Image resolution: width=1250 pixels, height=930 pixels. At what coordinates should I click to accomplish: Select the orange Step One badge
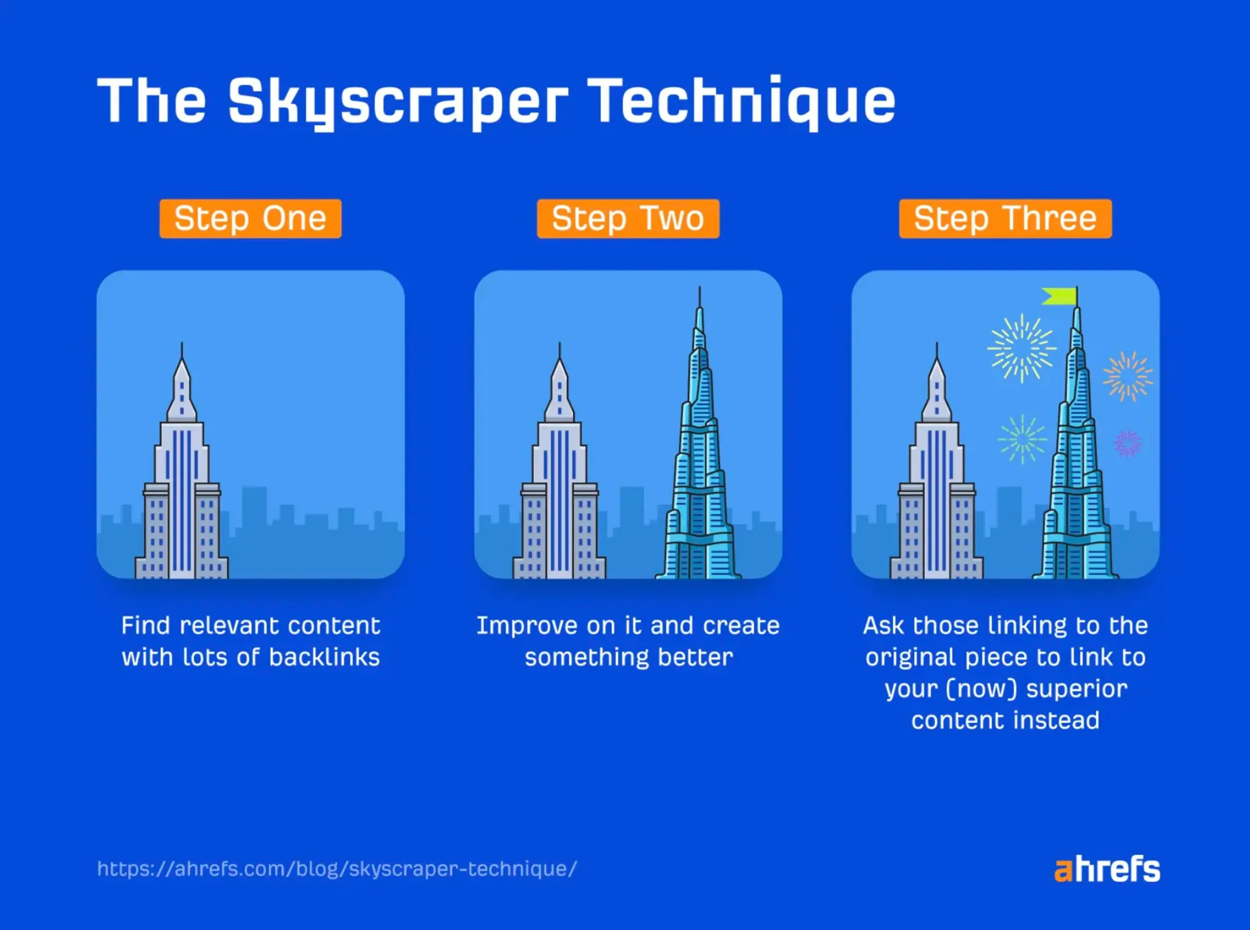[x=250, y=218]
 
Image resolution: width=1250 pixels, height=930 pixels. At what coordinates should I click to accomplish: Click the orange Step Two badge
[x=628, y=218]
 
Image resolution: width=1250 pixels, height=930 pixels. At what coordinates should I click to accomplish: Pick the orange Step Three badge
[x=1005, y=218]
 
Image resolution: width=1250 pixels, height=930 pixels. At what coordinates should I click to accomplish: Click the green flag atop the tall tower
[x=1059, y=296]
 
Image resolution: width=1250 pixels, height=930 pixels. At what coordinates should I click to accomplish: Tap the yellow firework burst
[x=1022, y=348]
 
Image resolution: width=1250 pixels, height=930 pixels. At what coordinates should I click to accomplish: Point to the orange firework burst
[x=1128, y=376]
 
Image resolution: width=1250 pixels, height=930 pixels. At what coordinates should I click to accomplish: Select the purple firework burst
[x=1128, y=444]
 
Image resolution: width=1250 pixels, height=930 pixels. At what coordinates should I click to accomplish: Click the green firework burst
[x=1022, y=440]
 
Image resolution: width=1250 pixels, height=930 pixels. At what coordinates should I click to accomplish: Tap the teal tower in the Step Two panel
[x=698, y=433]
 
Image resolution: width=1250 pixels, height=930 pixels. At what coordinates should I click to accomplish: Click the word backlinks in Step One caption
[x=324, y=657]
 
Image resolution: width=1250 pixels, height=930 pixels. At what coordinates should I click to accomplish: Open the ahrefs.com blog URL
[x=337, y=868]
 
